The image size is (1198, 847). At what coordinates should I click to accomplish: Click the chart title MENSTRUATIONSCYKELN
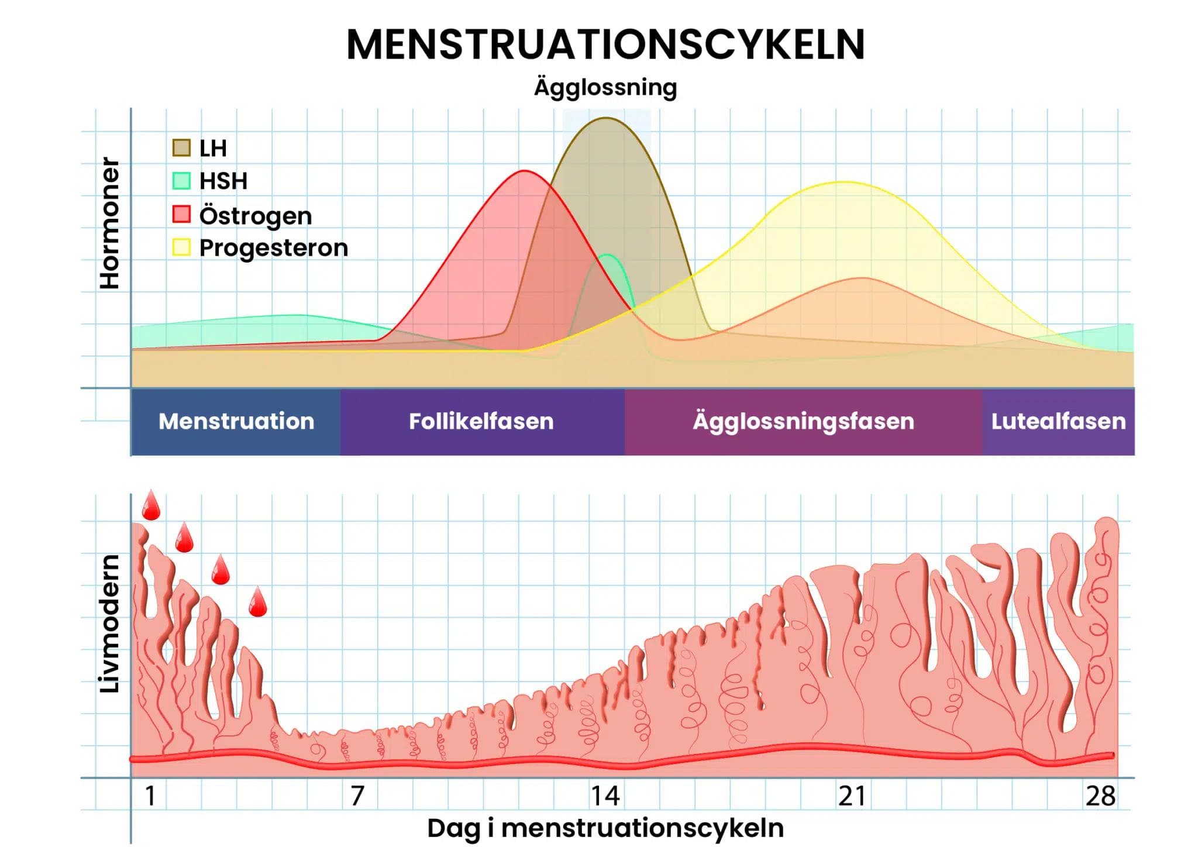(x=605, y=44)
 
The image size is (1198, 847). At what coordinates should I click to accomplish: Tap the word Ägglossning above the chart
(x=605, y=88)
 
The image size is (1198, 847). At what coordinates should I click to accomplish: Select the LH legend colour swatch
(x=181, y=148)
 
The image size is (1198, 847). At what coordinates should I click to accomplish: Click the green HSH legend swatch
(x=181, y=181)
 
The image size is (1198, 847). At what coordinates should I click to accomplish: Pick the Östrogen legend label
(x=256, y=216)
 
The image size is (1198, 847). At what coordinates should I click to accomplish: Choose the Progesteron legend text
(x=273, y=248)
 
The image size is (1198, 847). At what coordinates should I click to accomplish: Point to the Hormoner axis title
(x=109, y=223)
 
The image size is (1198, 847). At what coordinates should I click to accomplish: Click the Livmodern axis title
(x=109, y=624)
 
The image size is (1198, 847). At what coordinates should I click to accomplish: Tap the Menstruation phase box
(x=236, y=422)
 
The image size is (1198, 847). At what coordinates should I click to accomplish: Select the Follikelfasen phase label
(x=481, y=422)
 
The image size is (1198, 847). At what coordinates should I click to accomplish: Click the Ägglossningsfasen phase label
(x=803, y=422)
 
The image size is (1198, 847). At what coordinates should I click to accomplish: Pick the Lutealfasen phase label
(x=1058, y=422)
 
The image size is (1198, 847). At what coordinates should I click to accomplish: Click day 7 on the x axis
(x=357, y=796)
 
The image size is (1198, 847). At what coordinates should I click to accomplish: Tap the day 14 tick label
(x=605, y=796)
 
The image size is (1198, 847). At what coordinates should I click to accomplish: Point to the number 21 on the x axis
(x=852, y=796)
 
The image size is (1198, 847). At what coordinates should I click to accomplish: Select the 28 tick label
(x=1100, y=796)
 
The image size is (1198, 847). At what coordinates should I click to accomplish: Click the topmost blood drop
(x=151, y=507)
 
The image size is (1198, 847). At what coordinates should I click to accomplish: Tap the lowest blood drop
(x=257, y=603)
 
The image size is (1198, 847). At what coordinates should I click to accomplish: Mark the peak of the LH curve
(x=606, y=118)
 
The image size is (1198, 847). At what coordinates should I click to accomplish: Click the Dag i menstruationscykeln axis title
(x=605, y=828)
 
